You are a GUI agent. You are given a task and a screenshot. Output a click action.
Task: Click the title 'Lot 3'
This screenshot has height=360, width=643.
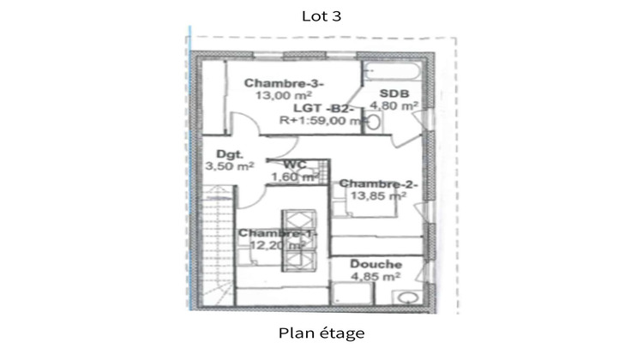click(x=321, y=15)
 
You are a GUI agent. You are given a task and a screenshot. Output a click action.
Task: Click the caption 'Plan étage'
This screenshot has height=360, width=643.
click(x=321, y=332)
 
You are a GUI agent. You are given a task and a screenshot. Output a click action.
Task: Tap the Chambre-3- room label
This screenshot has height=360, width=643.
click(x=273, y=83)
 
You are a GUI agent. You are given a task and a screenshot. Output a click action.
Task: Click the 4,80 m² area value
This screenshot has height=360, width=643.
click(x=394, y=106)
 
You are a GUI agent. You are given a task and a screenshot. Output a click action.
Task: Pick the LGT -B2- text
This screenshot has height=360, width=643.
click(x=322, y=108)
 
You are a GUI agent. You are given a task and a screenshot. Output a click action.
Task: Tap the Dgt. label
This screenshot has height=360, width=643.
click(x=231, y=155)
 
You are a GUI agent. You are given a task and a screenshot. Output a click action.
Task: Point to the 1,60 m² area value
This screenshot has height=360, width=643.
click(x=294, y=177)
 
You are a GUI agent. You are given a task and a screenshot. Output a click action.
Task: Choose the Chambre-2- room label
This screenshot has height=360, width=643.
click(x=378, y=183)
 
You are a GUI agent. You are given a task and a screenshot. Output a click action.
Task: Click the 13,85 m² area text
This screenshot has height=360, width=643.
click(x=377, y=196)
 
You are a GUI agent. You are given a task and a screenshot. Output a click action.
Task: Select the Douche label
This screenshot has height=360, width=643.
click(x=376, y=264)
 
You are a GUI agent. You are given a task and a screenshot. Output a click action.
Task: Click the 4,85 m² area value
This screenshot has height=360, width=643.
click(x=376, y=277)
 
